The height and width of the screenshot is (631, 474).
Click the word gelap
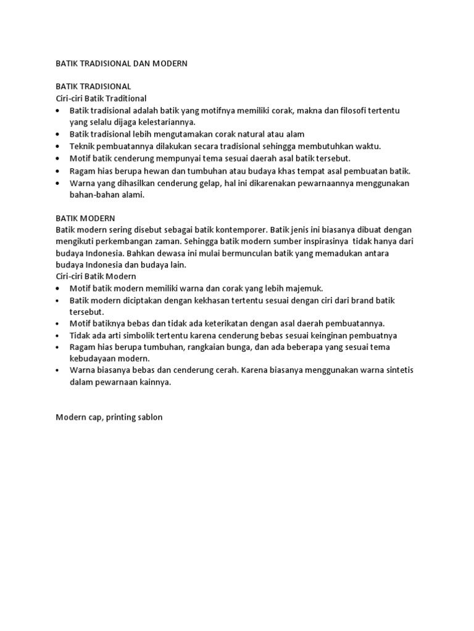tap(218, 183)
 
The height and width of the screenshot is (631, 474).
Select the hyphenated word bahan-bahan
tap(96, 195)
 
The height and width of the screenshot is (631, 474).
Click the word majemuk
tap(302, 288)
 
